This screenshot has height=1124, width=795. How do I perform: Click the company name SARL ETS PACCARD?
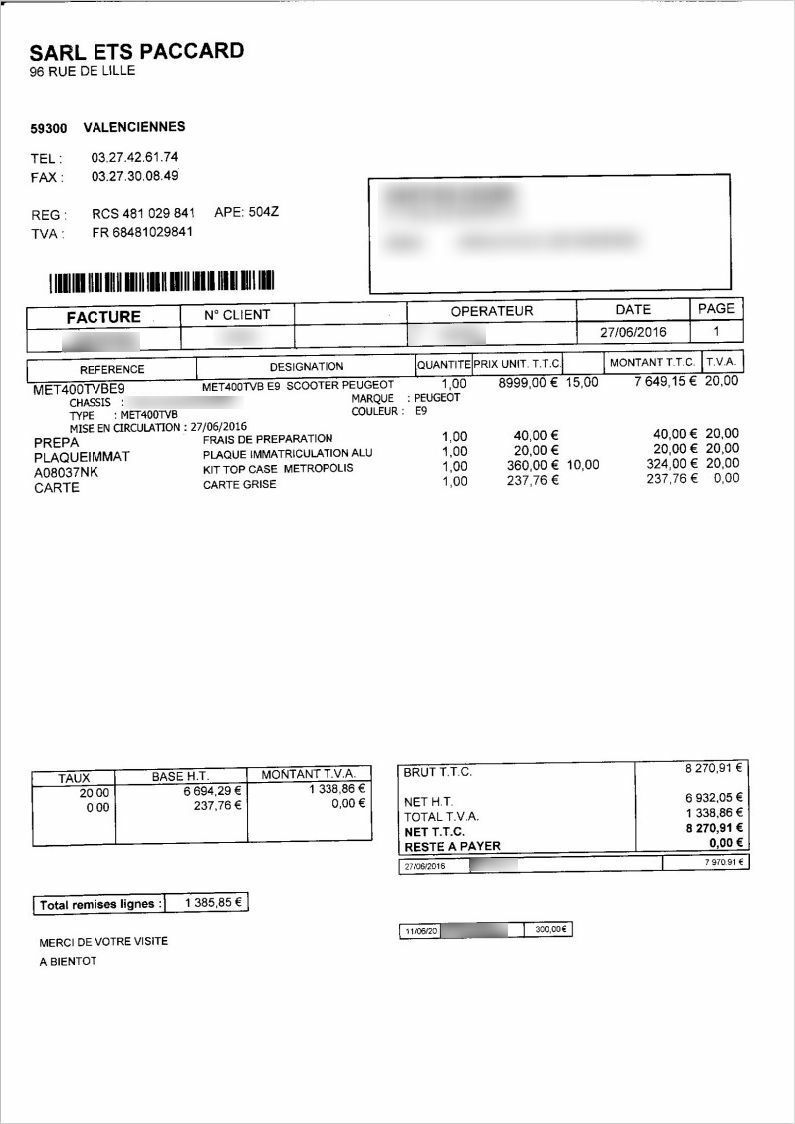(137, 51)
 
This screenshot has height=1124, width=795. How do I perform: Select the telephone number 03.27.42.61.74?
(135, 158)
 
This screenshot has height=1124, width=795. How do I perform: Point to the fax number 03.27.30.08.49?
(135, 177)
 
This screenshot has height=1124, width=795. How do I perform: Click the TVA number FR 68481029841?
(142, 233)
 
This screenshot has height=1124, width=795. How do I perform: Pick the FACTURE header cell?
(103, 316)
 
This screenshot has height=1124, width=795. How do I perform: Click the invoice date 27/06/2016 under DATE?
(633, 332)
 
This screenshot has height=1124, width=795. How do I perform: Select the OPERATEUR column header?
(491, 311)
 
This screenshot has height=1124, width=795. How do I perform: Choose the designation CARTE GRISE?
(239, 485)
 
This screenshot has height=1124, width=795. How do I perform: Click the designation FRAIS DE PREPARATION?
(267, 439)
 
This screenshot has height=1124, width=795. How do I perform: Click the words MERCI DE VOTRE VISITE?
(104, 942)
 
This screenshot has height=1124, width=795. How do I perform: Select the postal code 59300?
(49, 128)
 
